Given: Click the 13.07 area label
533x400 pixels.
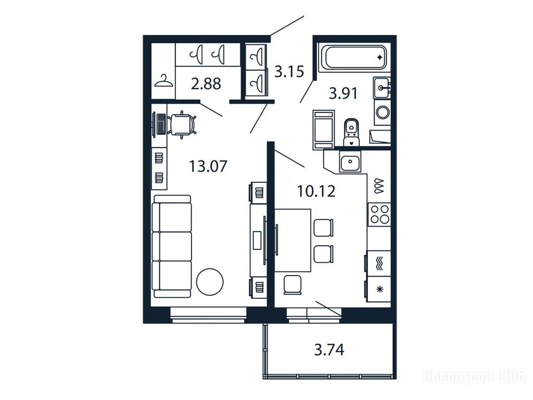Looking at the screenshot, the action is pyautogui.click(x=208, y=167).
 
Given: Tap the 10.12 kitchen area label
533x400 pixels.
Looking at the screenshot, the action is pyautogui.click(x=316, y=191).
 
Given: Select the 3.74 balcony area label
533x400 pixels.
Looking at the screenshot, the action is pyautogui.click(x=329, y=349).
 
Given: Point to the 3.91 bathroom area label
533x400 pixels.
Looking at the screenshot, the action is pyautogui.click(x=344, y=94).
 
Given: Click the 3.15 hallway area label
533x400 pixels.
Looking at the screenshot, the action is pyautogui.click(x=289, y=72).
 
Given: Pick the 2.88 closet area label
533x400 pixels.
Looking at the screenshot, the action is pyautogui.click(x=206, y=84).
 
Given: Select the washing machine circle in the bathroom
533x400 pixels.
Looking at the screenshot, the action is pyautogui.click(x=383, y=113).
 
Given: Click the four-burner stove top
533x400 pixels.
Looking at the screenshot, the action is pyautogui.click(x=379, y=214).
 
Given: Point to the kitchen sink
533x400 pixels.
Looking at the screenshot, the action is pyautogui.click(x=350, y=162).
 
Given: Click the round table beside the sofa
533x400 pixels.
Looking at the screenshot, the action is pyautogui.click(x=210, y=282).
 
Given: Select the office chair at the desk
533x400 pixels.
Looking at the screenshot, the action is pyautogui.click(x=182, y=124).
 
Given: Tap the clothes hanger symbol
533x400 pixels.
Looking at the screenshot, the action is pyautogui.click(x=163, y=81).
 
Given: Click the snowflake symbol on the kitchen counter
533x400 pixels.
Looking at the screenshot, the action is pyautogui.click(x=379, y=290).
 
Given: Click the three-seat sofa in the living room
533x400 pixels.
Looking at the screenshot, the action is pyautogui.click(x=172, y=246).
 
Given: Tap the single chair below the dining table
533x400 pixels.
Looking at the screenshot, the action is pyautogui.click(x=293, y=284).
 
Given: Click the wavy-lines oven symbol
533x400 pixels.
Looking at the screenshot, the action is pyautogui.click(x=379, y=264).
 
